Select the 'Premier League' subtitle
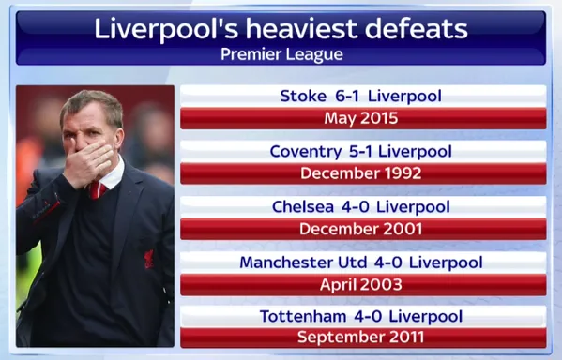(281, 54)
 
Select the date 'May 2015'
(361, 119)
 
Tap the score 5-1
(361, 152)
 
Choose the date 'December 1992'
(361, 173)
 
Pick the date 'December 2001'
(361, 229)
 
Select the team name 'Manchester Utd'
(297, 262)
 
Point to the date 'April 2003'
(361, 284)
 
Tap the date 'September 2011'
(361, 337)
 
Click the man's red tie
(98, 190)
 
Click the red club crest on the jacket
(148, 257)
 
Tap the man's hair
(92, 106)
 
